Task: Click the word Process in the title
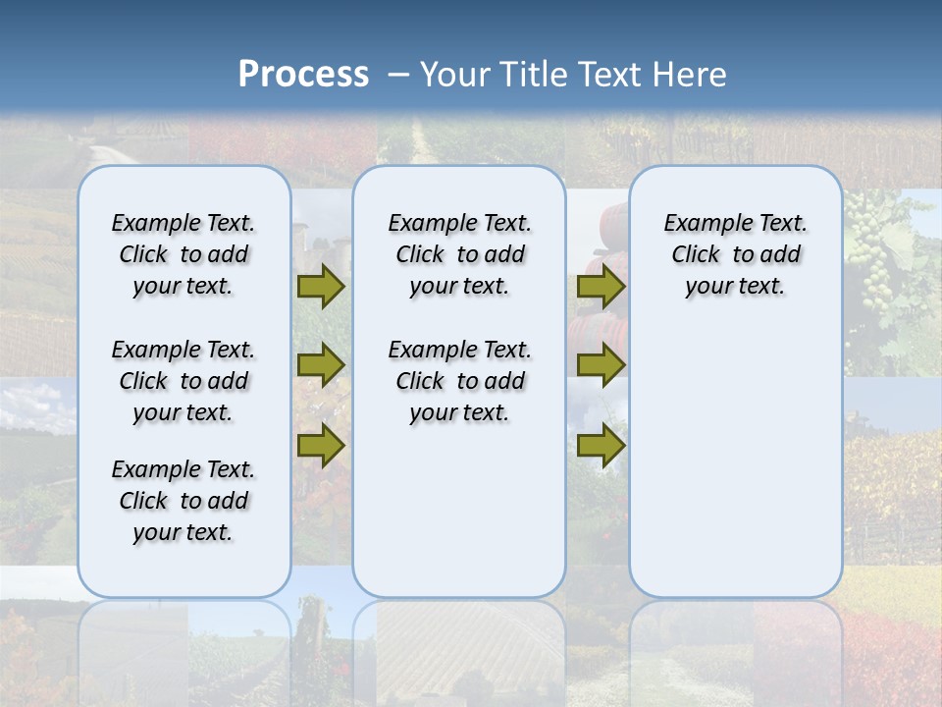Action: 303,74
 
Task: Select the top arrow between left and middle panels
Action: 321,287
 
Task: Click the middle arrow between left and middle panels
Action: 321,365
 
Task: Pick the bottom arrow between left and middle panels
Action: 321,445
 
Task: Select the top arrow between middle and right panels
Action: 601,287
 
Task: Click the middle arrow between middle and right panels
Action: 601,365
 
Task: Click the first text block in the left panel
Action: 183,254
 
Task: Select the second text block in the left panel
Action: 183,381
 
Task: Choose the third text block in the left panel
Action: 183,501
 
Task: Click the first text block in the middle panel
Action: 459,254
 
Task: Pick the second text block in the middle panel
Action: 459,381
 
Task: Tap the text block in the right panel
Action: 735,254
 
